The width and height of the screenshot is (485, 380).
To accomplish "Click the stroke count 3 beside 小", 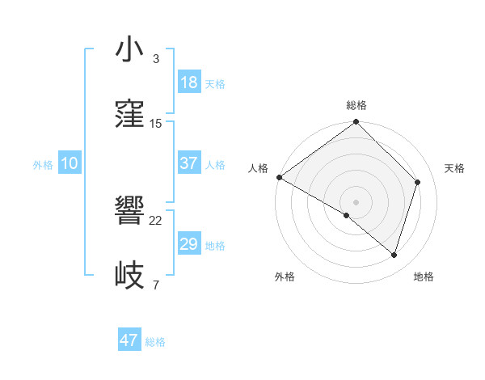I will (156, 59).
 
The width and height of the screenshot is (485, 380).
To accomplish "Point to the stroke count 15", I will (156, 124).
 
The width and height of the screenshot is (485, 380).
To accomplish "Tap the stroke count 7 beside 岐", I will (156, 285).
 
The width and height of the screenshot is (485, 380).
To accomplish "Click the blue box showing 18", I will (188, 82).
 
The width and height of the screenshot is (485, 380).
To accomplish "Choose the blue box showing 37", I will (188, 163).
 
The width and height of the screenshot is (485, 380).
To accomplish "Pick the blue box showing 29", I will (188, 244).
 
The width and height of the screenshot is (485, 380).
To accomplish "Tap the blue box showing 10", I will (70, 163).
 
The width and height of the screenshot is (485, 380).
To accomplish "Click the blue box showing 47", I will (129, 340).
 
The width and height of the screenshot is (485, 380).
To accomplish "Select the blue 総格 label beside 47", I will (155, 342).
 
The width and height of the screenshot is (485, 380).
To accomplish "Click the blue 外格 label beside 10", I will (43, 165).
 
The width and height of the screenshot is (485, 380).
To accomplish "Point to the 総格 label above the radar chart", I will (356, 105).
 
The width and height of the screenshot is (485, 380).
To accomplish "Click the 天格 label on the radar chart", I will (454, 168).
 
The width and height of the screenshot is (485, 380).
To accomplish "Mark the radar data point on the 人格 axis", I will (279, 177).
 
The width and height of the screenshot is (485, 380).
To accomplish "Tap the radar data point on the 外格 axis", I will (347, 215).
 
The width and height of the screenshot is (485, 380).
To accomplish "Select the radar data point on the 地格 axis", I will (394, 255).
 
